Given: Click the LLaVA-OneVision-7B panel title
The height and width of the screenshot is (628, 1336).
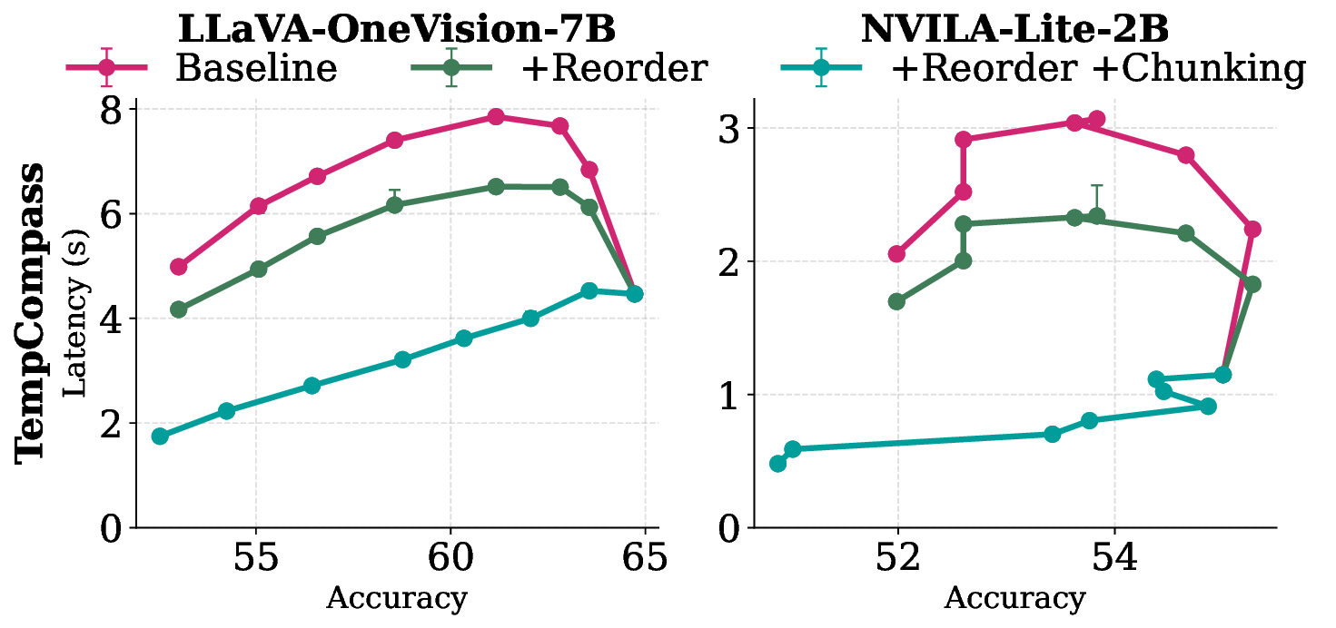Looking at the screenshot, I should click(397, 29).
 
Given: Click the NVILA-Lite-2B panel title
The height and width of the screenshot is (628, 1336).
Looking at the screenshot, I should click(1014, 29).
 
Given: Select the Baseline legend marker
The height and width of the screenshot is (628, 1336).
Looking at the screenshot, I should click(107, 67).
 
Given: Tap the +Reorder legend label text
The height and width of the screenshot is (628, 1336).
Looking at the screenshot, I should click(614, 68).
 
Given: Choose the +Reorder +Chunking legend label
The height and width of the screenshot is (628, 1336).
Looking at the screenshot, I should click(1099, 68).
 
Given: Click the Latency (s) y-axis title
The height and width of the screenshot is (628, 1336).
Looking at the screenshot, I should click(78, 314).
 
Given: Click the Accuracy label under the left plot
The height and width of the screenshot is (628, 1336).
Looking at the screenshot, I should click(396, 599).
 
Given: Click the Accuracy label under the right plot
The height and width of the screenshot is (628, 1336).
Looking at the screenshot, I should click(1014, 599).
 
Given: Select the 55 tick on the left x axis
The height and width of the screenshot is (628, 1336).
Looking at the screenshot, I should click(256, 557).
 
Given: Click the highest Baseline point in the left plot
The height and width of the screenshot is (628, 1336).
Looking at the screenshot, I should click(496, 117).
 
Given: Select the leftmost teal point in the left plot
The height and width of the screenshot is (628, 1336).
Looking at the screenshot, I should click(160, 437).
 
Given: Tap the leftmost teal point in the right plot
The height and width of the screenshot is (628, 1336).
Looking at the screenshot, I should click(777, 464).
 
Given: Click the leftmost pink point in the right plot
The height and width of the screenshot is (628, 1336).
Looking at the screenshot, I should click(896, 254).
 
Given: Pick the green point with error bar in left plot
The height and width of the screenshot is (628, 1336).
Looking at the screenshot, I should click(394, 205).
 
